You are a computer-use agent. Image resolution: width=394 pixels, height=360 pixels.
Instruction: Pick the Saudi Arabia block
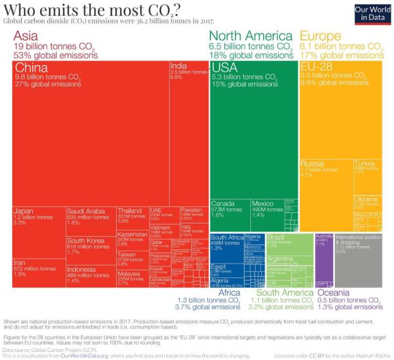coord(91,220)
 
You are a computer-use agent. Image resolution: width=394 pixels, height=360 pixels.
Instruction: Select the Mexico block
coord(266,215)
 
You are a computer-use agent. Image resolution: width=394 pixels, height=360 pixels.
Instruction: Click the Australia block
coord(324,258)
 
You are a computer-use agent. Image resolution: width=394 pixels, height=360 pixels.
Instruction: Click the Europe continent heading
coord(320,37)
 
